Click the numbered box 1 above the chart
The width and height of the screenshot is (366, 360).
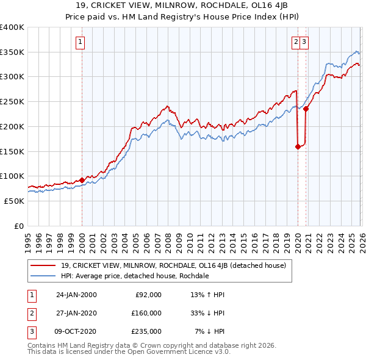81,42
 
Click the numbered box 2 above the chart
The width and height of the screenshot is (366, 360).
296,42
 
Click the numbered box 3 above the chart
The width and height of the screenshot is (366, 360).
304,42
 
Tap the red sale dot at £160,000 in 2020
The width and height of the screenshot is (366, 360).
298,146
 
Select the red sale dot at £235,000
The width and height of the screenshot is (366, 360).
306,109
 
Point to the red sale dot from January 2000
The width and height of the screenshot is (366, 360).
82,180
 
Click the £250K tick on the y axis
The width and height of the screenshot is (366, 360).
12,101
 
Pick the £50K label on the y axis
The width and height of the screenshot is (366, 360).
14,201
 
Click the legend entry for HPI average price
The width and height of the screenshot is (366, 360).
135,276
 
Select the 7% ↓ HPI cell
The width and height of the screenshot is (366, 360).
209,331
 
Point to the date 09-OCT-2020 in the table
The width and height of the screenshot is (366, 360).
76,331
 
